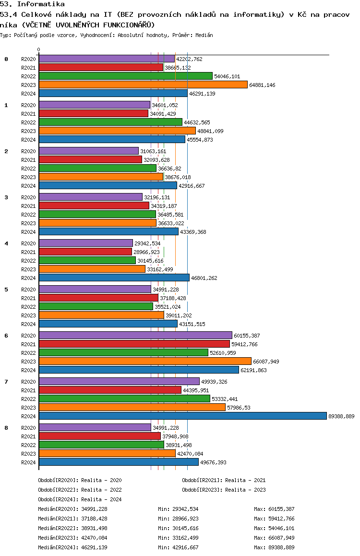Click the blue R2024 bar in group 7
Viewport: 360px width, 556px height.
point(182,416)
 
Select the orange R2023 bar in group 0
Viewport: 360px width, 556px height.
point(143,85)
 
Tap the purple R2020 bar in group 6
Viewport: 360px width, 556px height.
point(135,336)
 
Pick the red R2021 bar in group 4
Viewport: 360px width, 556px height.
point(85,252)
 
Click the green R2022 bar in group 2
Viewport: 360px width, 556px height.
point(97,169)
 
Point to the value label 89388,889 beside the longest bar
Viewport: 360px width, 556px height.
point(341,416)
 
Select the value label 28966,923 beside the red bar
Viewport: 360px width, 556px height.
point(147,252)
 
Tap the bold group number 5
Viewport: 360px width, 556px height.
point(6,290)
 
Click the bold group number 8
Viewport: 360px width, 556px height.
point(6,428)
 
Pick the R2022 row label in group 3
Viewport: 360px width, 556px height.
point(28,215)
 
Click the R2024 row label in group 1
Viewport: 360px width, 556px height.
point(28,140)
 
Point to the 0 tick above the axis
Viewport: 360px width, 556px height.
point(39,50)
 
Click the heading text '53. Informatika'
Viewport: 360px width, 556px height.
point(32,4)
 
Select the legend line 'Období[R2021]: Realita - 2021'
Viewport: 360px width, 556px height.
point(224,480)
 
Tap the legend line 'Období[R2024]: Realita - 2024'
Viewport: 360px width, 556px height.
point(80,499)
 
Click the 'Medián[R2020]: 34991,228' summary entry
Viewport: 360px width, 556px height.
point(72,509)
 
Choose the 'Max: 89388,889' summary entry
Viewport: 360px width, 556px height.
point(274,547)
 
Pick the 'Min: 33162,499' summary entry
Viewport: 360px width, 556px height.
point(178,538)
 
